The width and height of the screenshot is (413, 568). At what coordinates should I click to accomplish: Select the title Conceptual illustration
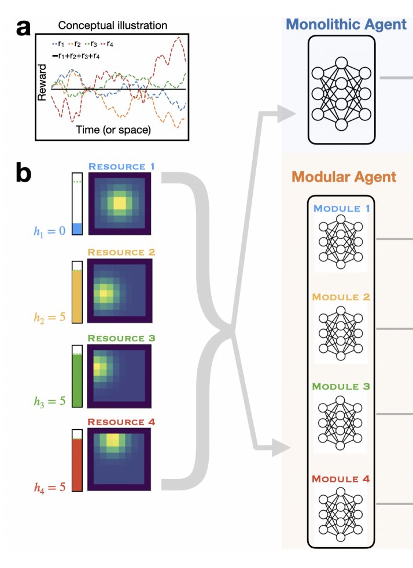(113, 25)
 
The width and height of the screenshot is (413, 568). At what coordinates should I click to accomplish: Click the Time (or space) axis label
(113, 130)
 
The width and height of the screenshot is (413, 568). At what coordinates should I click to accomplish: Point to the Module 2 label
(341, 297)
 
